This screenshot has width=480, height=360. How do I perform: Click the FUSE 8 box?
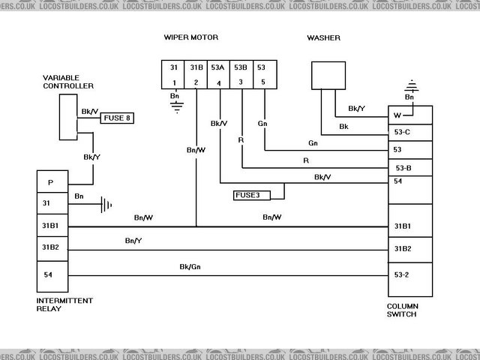pyautogui.click(x=119, y=117)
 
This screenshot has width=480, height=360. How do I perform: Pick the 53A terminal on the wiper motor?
pyautogui.click(x=219, y=74)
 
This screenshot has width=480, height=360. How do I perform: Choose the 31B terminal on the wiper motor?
pyautogui.click(x=196, y=74)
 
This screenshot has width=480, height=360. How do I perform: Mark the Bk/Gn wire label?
pyautogui.click(x=190, y=266)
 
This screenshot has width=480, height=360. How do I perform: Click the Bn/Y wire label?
pyautogui.click(x=134, y=241)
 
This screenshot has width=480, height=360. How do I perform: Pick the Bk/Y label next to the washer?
pyautogui.click(x=356, y=109)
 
